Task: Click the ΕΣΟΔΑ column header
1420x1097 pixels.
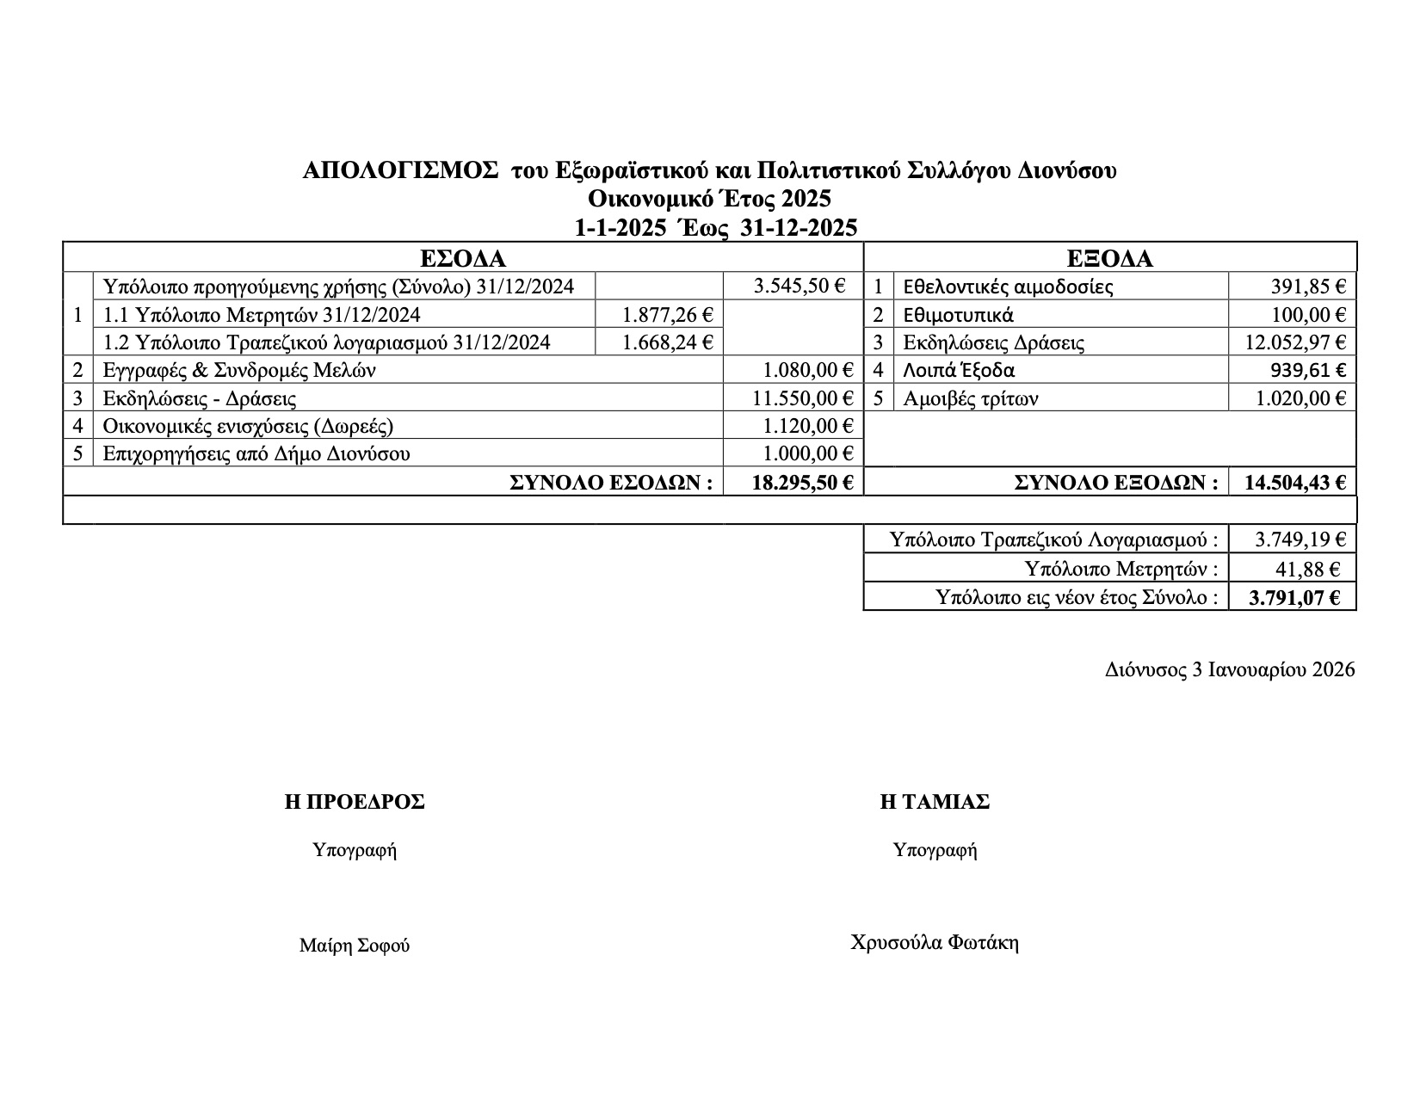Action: (x=462, y=259)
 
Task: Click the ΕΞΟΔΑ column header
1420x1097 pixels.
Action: (x=1109, y=259)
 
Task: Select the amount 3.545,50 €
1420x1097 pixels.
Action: (x=799, y=287)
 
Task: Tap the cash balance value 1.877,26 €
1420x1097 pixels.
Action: (x=666, y=315)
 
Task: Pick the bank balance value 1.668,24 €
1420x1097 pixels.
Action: (x=666, y=342)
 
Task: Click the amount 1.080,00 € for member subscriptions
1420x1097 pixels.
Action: (x=807, y=371)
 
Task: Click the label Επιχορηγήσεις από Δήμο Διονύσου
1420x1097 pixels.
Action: (x=256, y=453)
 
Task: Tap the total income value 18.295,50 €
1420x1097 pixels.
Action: (x=802, y=483)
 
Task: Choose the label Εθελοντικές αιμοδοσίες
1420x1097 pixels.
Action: (x=1008, y=287)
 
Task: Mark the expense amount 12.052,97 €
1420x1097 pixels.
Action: (x=1294, y=342)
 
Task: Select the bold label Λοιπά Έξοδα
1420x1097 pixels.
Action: (x=959, y=371)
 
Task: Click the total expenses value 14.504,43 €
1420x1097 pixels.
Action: (x=1294, y=483)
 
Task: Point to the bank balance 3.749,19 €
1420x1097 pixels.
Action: (x=1300, y=540)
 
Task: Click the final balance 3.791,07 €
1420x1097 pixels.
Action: (x=1294, y=597)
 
